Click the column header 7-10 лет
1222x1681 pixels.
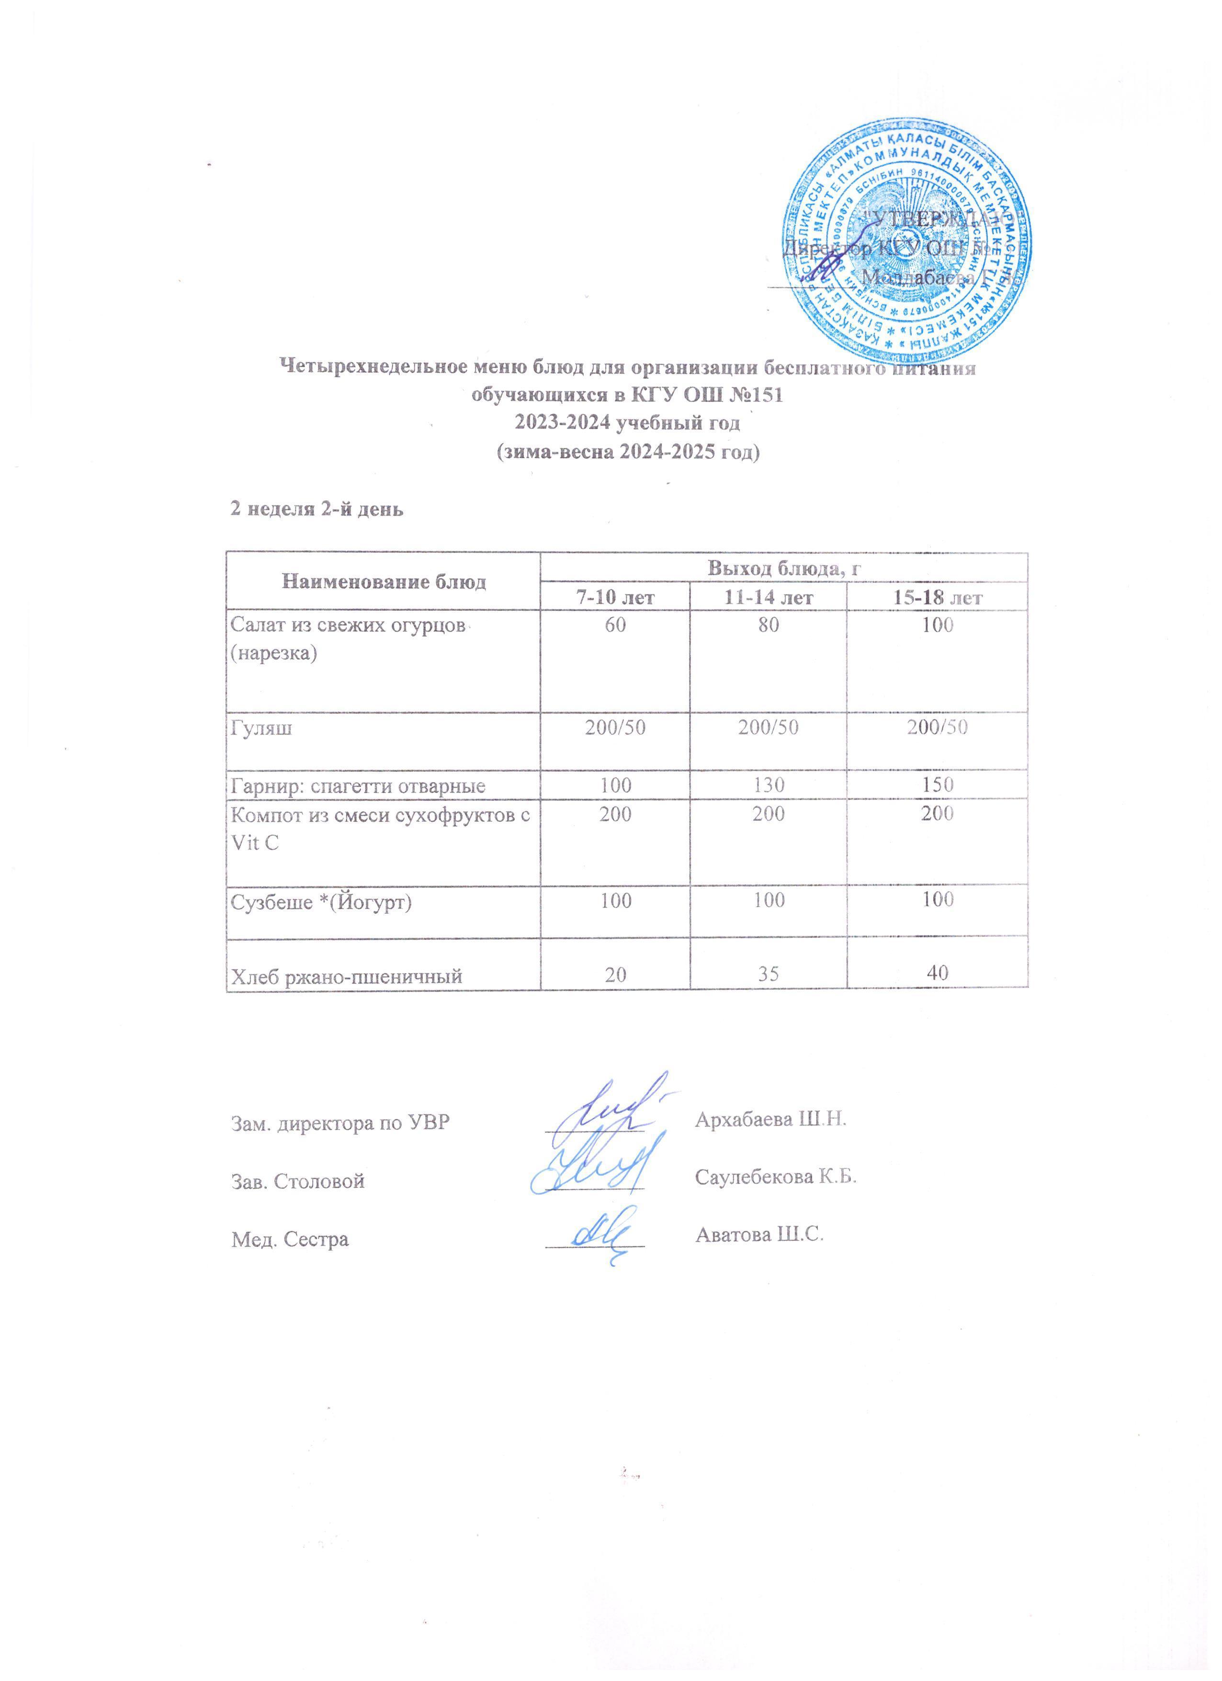tap(614, 597)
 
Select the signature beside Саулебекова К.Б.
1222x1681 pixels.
tap(593, 1173)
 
